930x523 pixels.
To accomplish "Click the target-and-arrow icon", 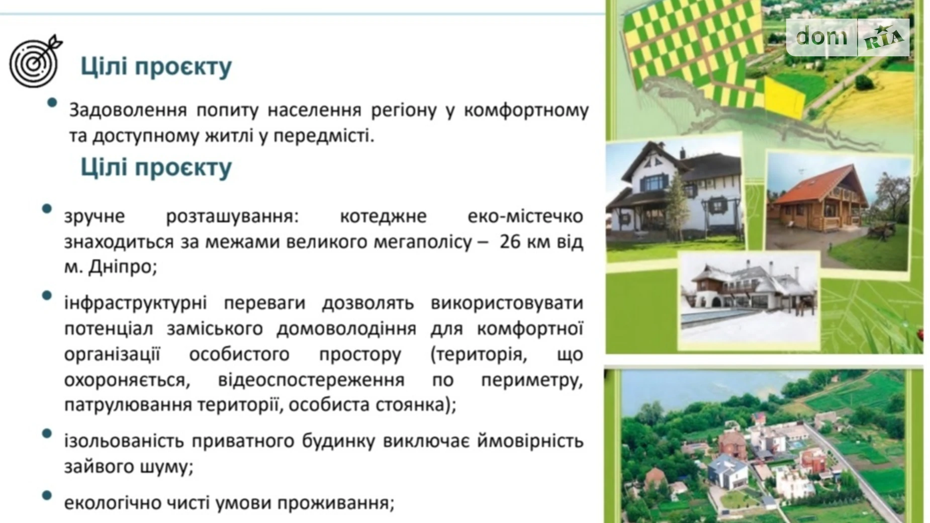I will (35, 61).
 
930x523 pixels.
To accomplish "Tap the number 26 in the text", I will (510, 242).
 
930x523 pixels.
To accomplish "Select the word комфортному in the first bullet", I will (526, 110).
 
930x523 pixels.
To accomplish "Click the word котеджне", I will (383, 216).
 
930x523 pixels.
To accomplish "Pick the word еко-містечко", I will (525, 216).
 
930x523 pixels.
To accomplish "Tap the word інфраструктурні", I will (135, 303).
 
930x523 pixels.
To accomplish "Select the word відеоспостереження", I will (311, 380).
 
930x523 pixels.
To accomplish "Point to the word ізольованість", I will (123, 441).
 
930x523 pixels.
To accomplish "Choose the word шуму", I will (172, 467).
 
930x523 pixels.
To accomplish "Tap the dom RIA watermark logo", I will (848, 37).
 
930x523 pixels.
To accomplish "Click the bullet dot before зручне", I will (47, 209).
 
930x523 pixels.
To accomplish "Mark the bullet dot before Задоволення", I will (52, 103).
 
